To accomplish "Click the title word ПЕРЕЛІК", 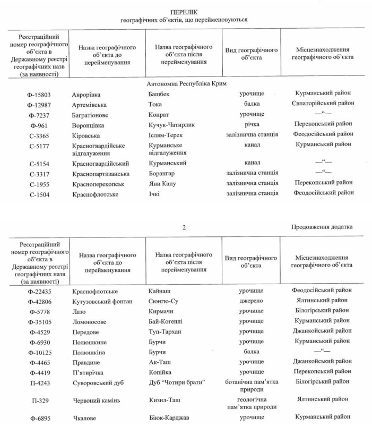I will tap(184, 11).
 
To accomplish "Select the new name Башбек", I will tap(160, 94).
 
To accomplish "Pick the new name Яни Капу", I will tap(162, 182).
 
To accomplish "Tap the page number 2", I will tap(184, 227).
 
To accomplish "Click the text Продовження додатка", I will tap(322, 227).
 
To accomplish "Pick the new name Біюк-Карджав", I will tap(169, 418).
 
